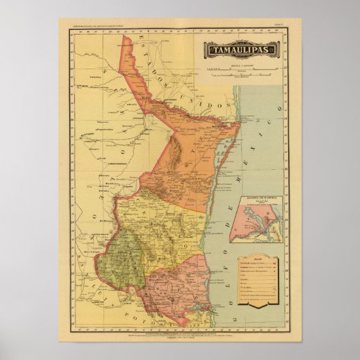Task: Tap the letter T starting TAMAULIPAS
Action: click(212, 50)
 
